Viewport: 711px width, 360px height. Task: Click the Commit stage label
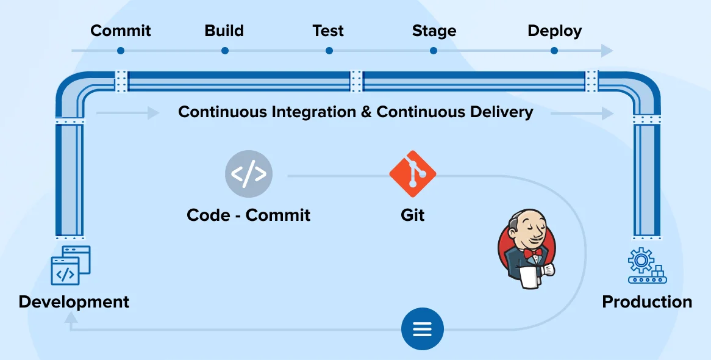pos(120,31)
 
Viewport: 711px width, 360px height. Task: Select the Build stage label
pos(224,31)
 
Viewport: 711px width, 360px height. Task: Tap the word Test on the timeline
pos(328,31)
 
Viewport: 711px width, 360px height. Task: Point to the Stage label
pos(434,31)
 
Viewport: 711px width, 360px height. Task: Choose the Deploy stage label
pos(554,31)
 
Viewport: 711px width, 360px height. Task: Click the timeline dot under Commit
pos(120,51)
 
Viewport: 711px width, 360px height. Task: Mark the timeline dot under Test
pos(329,51)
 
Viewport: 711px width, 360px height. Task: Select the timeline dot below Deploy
pos(554,51)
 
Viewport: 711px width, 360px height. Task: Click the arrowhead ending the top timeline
pos(607,51)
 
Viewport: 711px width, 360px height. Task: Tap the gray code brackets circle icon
pos(249,175)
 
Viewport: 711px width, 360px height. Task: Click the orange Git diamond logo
pos(413,173)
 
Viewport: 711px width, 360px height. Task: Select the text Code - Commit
pos(248,215)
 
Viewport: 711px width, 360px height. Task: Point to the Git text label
pos(413,215)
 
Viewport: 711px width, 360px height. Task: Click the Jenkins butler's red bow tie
pos(532,251)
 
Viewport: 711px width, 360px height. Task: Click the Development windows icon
pos(70,265)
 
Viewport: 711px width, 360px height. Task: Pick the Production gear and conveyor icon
pos(646,265)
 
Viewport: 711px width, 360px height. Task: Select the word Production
pos(646,301)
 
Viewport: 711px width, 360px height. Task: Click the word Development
pos(74,301)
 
